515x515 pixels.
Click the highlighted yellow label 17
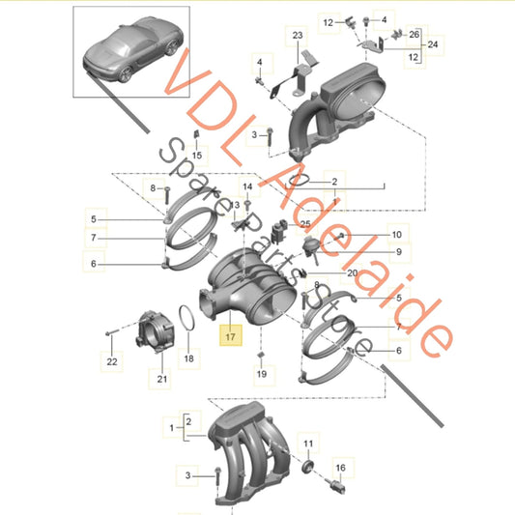[x=230, y=337]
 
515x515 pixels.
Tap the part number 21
[x=161, y=378]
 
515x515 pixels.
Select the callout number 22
[x=111, y=361]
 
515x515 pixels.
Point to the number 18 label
[x=188, y=358]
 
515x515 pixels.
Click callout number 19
[x=260, y=372]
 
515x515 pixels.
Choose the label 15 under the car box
[x=196, y=155]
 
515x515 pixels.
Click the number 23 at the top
[x=297, y=35]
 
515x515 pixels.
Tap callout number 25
[x=305, y=224]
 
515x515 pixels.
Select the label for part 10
[x=395, y=234]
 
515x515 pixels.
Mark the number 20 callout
[x=352, y=272]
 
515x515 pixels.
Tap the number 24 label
[x=433, y=43]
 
